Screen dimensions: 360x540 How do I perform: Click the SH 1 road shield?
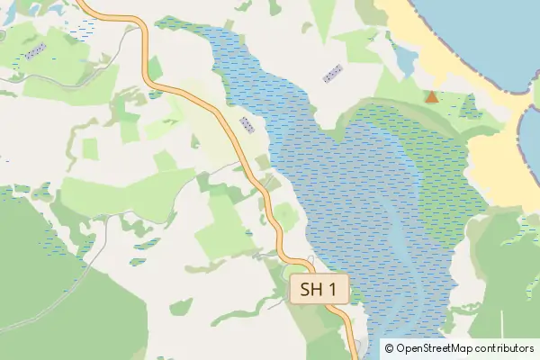319,290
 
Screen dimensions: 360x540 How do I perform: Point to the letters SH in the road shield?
310,290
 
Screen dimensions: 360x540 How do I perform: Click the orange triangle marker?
432,96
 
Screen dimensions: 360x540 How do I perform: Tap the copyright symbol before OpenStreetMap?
389,347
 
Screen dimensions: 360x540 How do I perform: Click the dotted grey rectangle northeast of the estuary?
333,74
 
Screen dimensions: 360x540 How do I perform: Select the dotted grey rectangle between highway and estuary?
247,123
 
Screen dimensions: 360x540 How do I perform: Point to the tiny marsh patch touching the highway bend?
155,93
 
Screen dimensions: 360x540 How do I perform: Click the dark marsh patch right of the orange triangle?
469,107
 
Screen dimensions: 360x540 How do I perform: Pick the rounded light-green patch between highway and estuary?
286,216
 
